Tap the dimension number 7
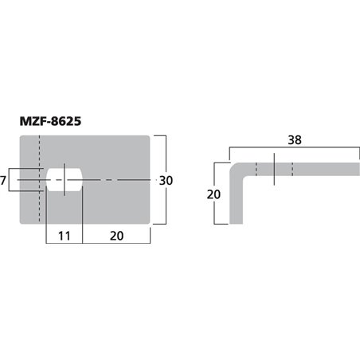(4, 182)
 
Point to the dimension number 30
(166, 182)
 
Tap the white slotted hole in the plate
(65, 181)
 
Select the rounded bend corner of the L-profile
(236, 169)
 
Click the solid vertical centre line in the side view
(273, 170)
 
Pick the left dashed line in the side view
(256, 170)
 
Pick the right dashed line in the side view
(292, 170)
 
